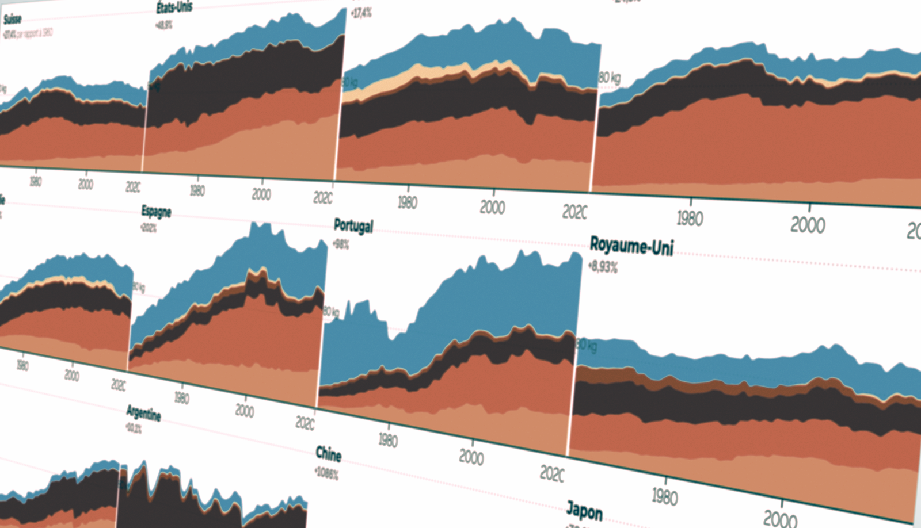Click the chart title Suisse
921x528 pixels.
click(12, 19)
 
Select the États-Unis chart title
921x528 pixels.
click(174, 7)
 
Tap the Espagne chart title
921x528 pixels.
click(156, 211)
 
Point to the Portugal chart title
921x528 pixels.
click(353, 225)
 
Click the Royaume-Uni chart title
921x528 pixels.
click(631, 247)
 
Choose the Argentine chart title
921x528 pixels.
click(143, 412)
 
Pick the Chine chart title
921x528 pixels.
click(328, 454)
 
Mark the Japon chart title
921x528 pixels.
click(584, 510)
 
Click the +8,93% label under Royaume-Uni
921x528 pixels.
click(603, 267)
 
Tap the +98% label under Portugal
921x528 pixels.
click(341, 244)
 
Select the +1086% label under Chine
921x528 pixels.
click(326, 473)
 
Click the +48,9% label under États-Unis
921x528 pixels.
click(163, 25)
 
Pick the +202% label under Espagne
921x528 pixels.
click(149, 227)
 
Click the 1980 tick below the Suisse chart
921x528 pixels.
click(35, 181)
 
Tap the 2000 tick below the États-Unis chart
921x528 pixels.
click(261, 194)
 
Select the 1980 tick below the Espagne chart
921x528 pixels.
click(181, 397)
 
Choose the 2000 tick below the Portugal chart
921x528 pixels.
click(471, 457)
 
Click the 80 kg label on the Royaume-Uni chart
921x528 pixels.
click(587, 346)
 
